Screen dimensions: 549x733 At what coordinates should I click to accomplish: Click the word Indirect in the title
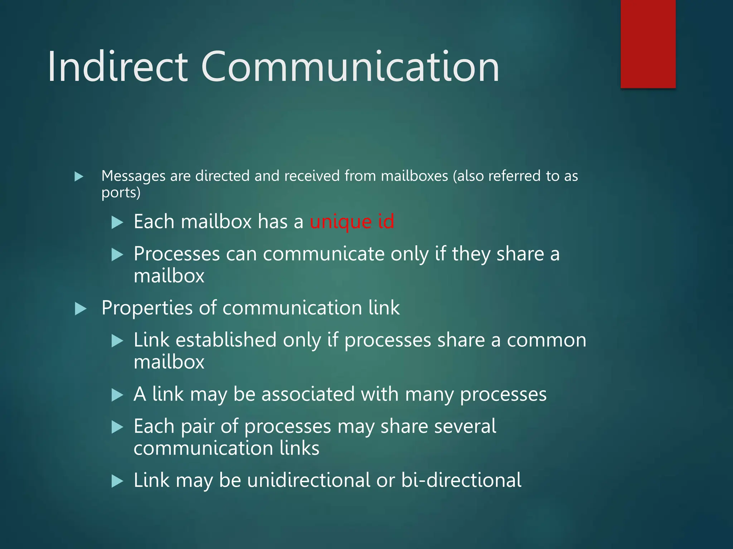(118, 67)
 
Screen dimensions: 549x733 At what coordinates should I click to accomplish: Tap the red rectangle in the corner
(648, 44)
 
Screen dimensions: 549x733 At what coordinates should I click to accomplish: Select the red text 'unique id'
(352, 222)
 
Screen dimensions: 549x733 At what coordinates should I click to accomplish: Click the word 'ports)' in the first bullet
(121, 193)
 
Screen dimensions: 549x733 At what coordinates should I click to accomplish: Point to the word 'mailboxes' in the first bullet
(414, 176)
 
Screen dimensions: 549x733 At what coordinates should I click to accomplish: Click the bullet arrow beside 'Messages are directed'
(79, 177)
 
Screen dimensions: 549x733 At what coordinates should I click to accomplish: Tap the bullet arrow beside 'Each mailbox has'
(117, 222)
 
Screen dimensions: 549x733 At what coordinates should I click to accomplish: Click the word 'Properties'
(147, 308)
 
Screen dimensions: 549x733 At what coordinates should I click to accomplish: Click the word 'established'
(226, 340)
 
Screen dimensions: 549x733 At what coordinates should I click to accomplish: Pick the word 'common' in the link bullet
(547, 340)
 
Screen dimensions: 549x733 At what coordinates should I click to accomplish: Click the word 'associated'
(308, 394)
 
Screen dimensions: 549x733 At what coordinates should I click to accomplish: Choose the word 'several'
(438, 426)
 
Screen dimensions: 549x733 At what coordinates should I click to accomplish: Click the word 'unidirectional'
(309, 480)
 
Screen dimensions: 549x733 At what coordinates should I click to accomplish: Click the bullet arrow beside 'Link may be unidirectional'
(117, 481)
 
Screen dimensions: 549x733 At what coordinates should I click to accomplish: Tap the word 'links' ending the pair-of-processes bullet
(299, 448)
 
